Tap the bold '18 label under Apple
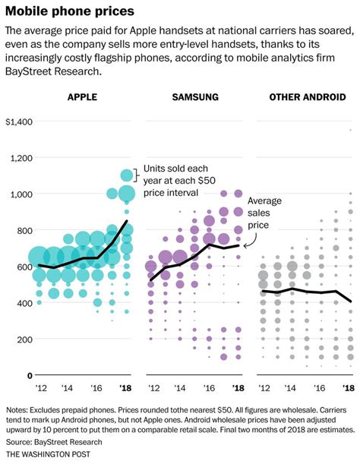(126, 388)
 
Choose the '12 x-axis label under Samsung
(153, 388)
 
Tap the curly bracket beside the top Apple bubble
(137, 175)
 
